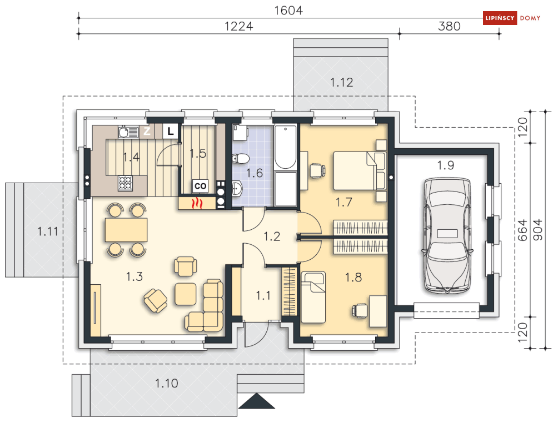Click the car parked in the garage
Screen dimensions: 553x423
[447, 235]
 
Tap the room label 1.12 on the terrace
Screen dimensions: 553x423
[341, 82]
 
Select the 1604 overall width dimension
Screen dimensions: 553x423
[288, 11]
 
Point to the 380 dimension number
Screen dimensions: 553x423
[449, 26]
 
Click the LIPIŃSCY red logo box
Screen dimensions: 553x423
[500, 18]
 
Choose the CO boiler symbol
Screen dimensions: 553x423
[200, 186]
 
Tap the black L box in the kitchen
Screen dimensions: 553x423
[171, 132]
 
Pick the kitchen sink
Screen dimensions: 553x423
[128, 132]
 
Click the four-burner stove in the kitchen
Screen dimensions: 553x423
[125, 183]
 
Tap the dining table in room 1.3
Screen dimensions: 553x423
[126, 230]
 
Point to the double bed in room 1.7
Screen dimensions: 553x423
[360, 171]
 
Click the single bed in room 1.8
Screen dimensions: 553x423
[313, 297]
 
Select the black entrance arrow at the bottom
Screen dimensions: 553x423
[257, 401]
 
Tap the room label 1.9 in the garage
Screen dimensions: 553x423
[445, 165]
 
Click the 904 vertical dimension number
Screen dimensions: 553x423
[537, 230]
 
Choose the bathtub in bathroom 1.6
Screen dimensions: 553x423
[285, 147]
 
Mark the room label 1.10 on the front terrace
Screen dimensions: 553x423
[167, 383]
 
